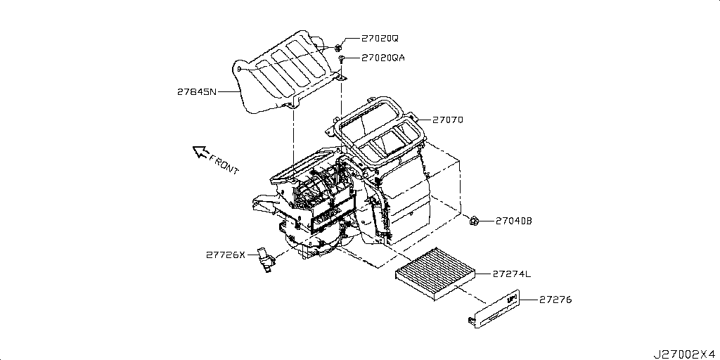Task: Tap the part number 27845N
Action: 198,91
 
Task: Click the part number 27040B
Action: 513,221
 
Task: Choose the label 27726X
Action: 226,255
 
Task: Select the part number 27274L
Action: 512,273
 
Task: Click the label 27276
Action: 555,300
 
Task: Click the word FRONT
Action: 225,165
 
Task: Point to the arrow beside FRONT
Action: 201,151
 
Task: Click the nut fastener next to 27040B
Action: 474,222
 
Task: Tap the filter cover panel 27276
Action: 492,310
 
